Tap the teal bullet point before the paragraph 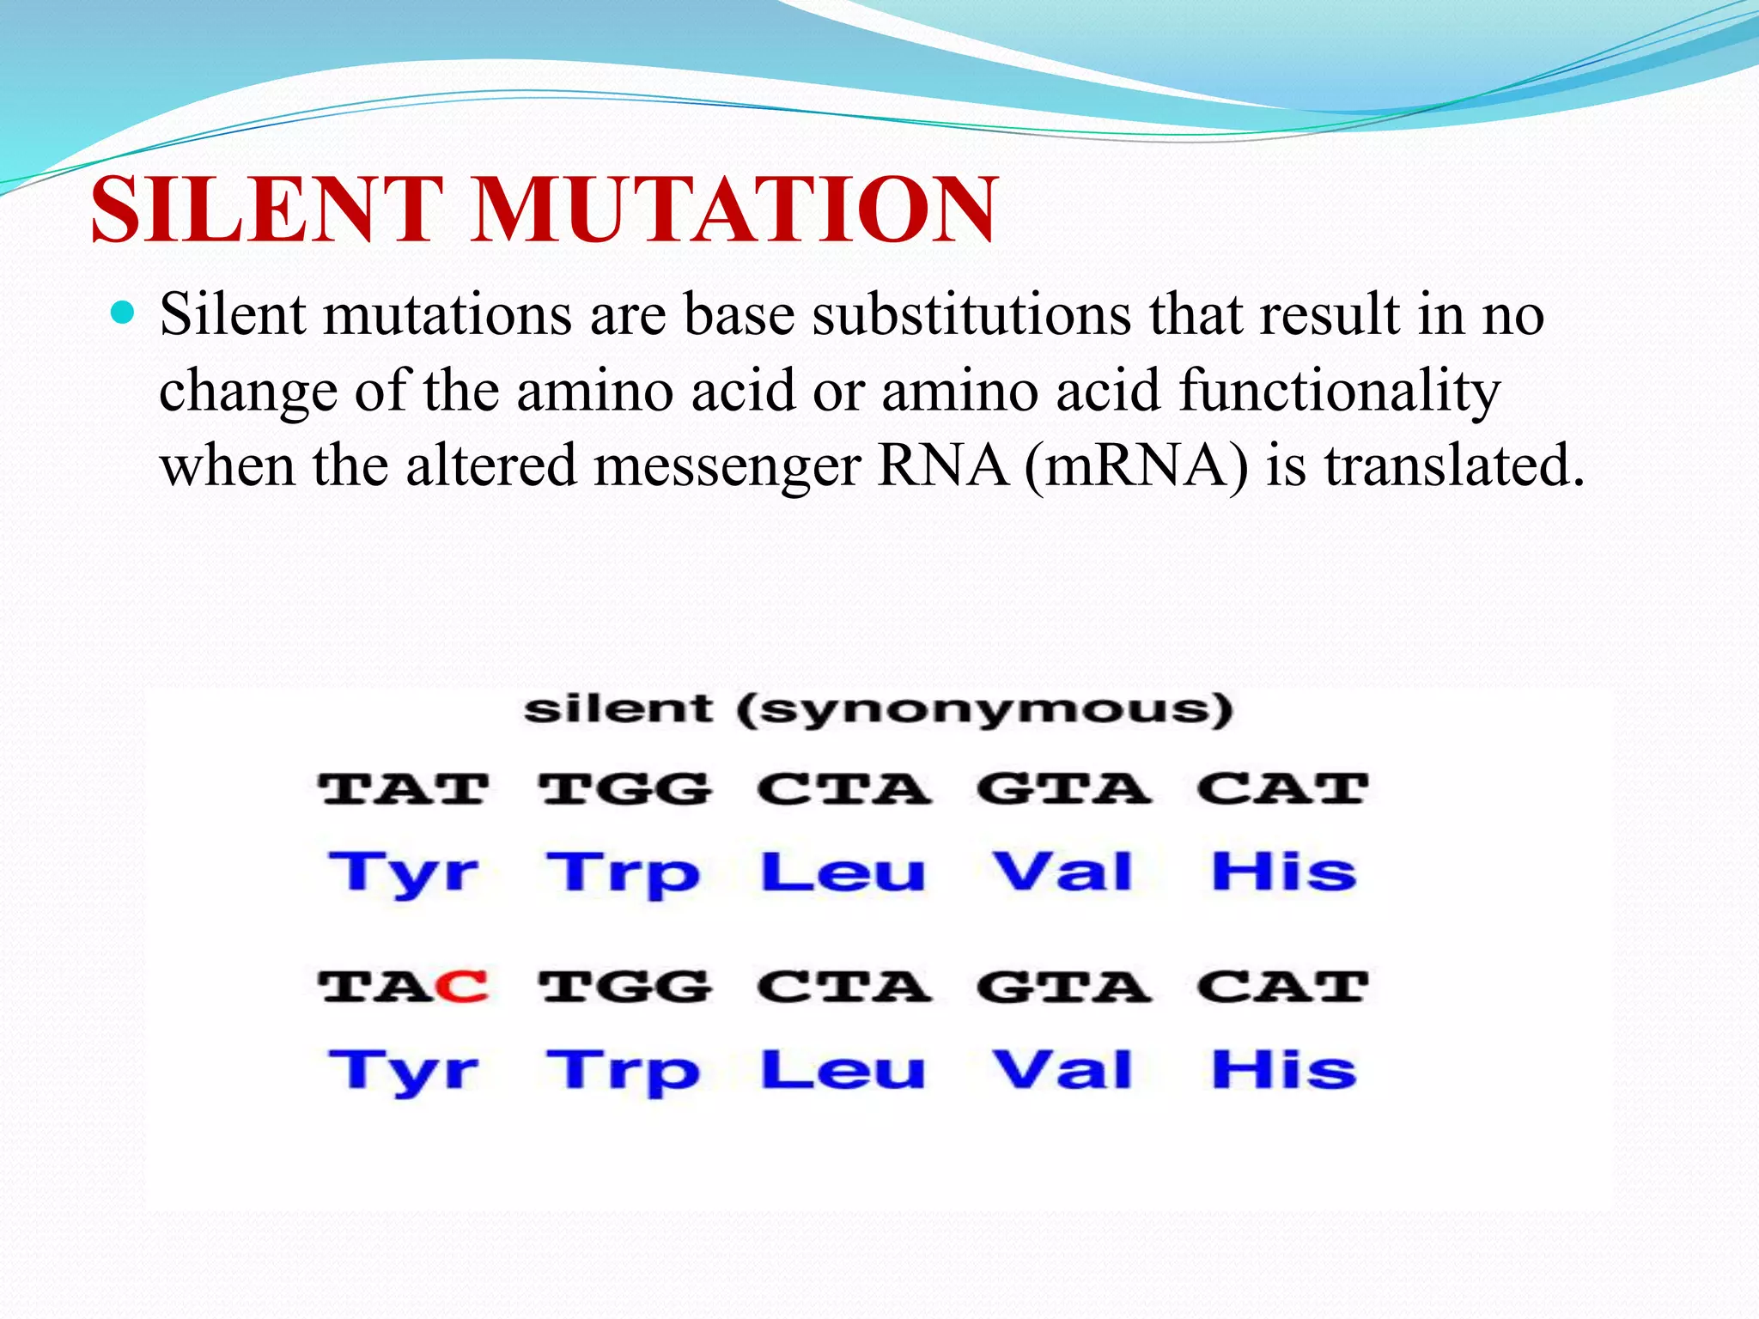[x=124, y=313]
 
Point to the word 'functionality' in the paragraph [x=1339, y=391]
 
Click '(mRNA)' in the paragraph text [x=1135, y=466]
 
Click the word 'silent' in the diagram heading [x=618, y=709]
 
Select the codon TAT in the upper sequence [x=404, y=789]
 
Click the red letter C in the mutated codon [x=463, y=987]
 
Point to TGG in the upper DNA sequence [x=625, y=789]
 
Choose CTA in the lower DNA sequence [x=844, y=987]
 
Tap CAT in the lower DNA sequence [x=1282, y=987]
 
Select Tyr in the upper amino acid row [x=404, y=873]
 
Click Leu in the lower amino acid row [x=843, y=1071]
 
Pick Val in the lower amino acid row [x=1063, y=1071]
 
